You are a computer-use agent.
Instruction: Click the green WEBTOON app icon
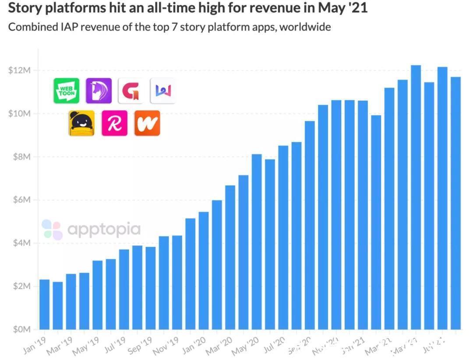[66, 91]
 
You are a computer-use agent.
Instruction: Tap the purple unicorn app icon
[99, 91]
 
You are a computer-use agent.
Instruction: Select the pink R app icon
[115, 123]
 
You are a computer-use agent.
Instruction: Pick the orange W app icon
[147, 123]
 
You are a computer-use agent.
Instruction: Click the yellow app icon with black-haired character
[81, 123]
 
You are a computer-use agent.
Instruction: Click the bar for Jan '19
[44, 304]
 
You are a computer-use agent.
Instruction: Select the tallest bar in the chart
[416, 197]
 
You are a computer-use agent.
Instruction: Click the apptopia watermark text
[104, 229]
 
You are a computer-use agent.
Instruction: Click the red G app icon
[131, 91]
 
